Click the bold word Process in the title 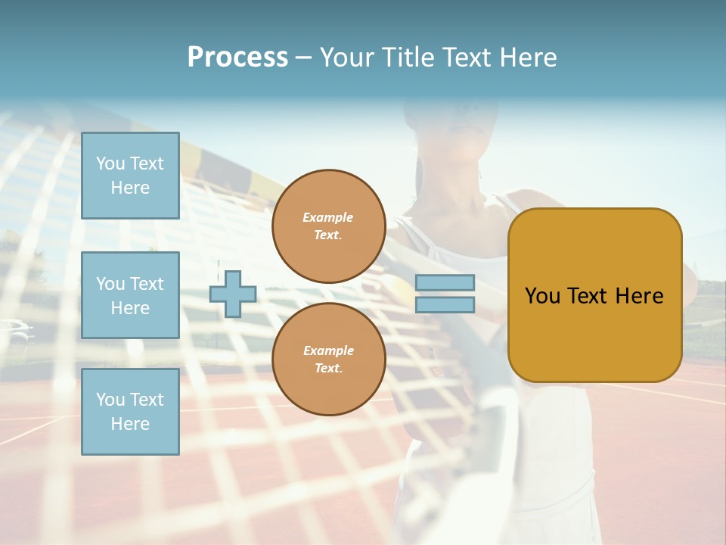[237, 58]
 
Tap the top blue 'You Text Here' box [130, 176]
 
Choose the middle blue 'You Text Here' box [130, 295]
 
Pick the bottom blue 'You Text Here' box [130, 412]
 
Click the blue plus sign [233, 294]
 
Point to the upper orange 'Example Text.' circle [328, 226]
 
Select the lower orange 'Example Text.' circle [328, 360]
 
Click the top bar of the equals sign [445, 283]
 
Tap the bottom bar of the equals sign [445, 304]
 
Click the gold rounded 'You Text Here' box [594, 295]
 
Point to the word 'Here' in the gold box [639, 296]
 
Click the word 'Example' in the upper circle [328, 217]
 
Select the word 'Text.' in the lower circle [328, 369]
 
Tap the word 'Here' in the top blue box [130, 188]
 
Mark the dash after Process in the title [303, 58]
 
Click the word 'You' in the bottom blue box [110, 400]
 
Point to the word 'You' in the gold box [542, 296]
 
